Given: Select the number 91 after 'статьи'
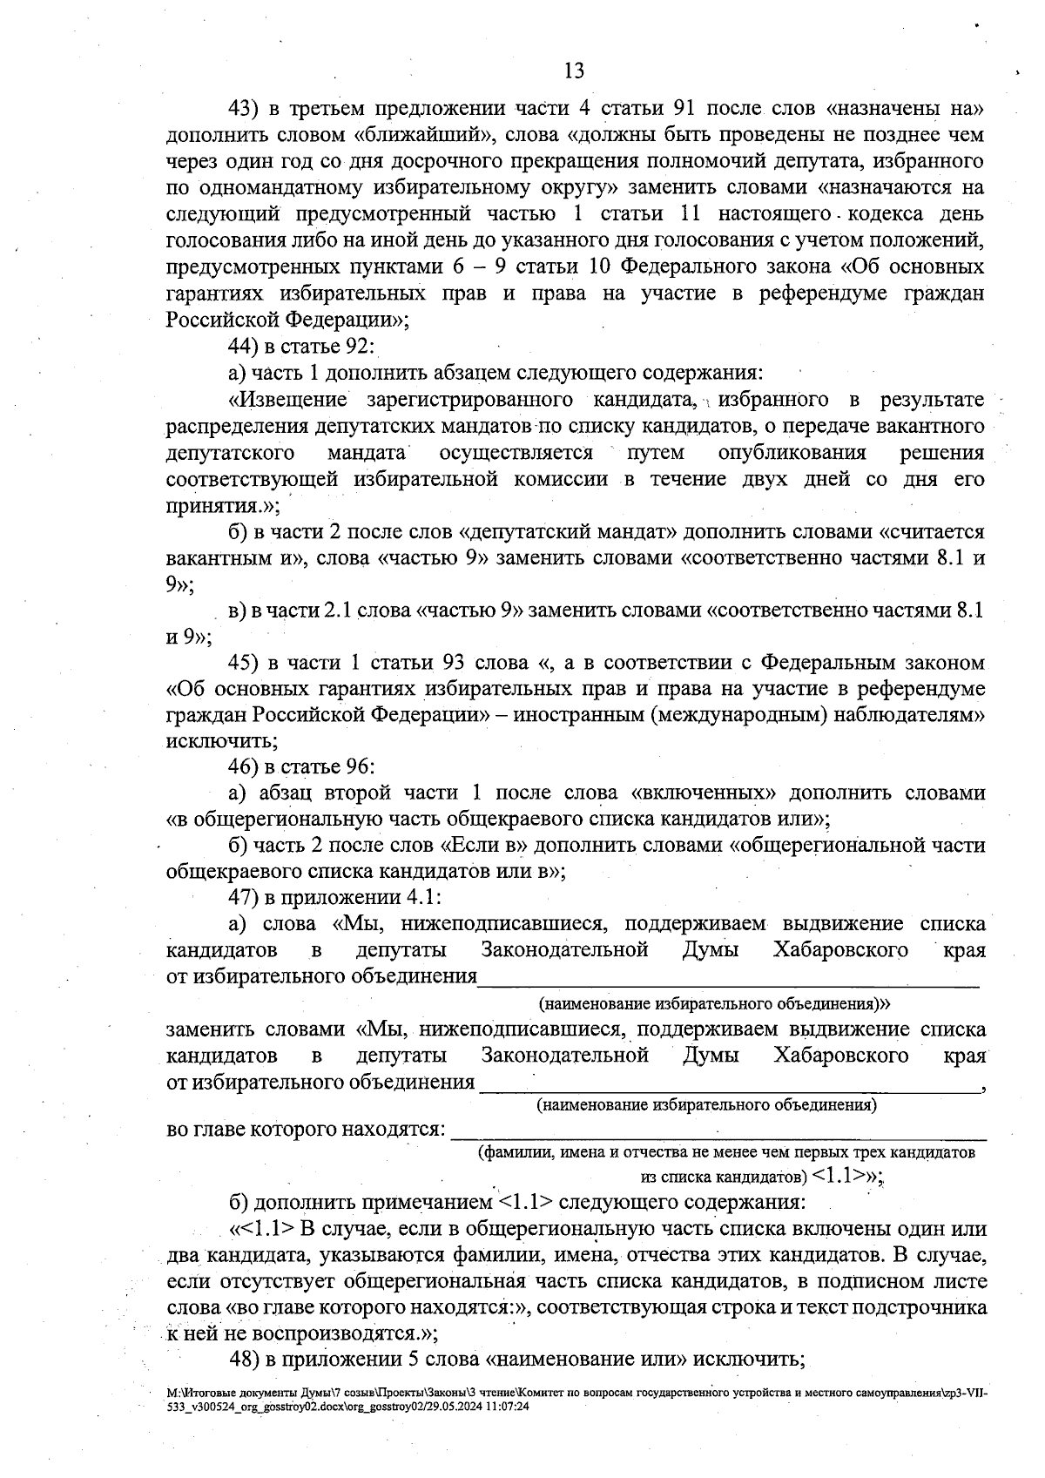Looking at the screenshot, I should [x=684, y=109].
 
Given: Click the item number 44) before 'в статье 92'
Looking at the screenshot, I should [x=245, y=347].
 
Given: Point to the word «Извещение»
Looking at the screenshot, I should [x=287, y=400].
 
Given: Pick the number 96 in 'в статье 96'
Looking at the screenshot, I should [x=358, y=767].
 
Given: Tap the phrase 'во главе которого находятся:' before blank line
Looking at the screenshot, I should [x=306, y=1130].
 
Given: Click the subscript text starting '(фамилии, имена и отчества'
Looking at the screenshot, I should [x=727, y=1153].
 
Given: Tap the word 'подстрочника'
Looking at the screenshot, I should [x=923, y=1308].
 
